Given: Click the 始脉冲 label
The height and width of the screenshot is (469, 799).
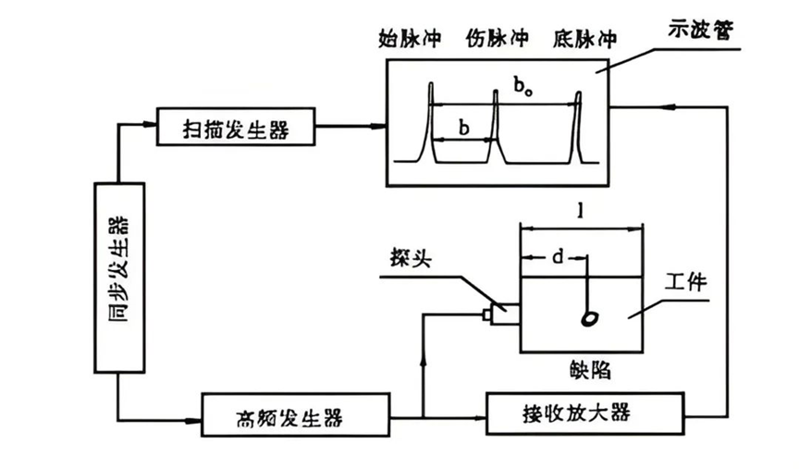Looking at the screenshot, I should click(411, 39).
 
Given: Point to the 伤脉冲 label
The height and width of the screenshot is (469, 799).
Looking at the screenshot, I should click(498, 39).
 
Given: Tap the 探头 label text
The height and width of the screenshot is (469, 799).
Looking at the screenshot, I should click(410, 258).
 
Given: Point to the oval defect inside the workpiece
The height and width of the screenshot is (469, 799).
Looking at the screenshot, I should click(588, 318).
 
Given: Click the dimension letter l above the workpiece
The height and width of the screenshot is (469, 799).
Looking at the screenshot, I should click(579, 211).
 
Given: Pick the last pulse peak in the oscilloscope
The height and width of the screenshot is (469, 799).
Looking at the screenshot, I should click(579, 95).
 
